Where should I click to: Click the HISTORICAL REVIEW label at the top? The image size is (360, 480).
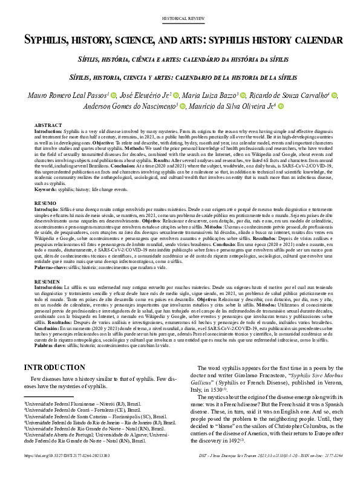pos(180,19)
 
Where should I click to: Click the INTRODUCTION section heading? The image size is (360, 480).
pos(54,368)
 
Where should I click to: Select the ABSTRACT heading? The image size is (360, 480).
pos(47,125)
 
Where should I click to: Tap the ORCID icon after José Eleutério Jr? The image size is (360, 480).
pos(176,95)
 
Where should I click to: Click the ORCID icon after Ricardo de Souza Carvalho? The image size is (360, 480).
pos(335,95)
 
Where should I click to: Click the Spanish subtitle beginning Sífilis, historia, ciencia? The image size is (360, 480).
pos(180,78)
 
